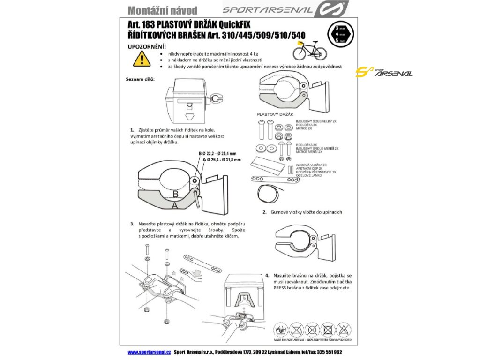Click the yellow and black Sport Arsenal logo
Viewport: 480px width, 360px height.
coord(384,73)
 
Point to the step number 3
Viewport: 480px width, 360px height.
coord(133,224)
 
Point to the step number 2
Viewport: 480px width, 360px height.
coord(265,212)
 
